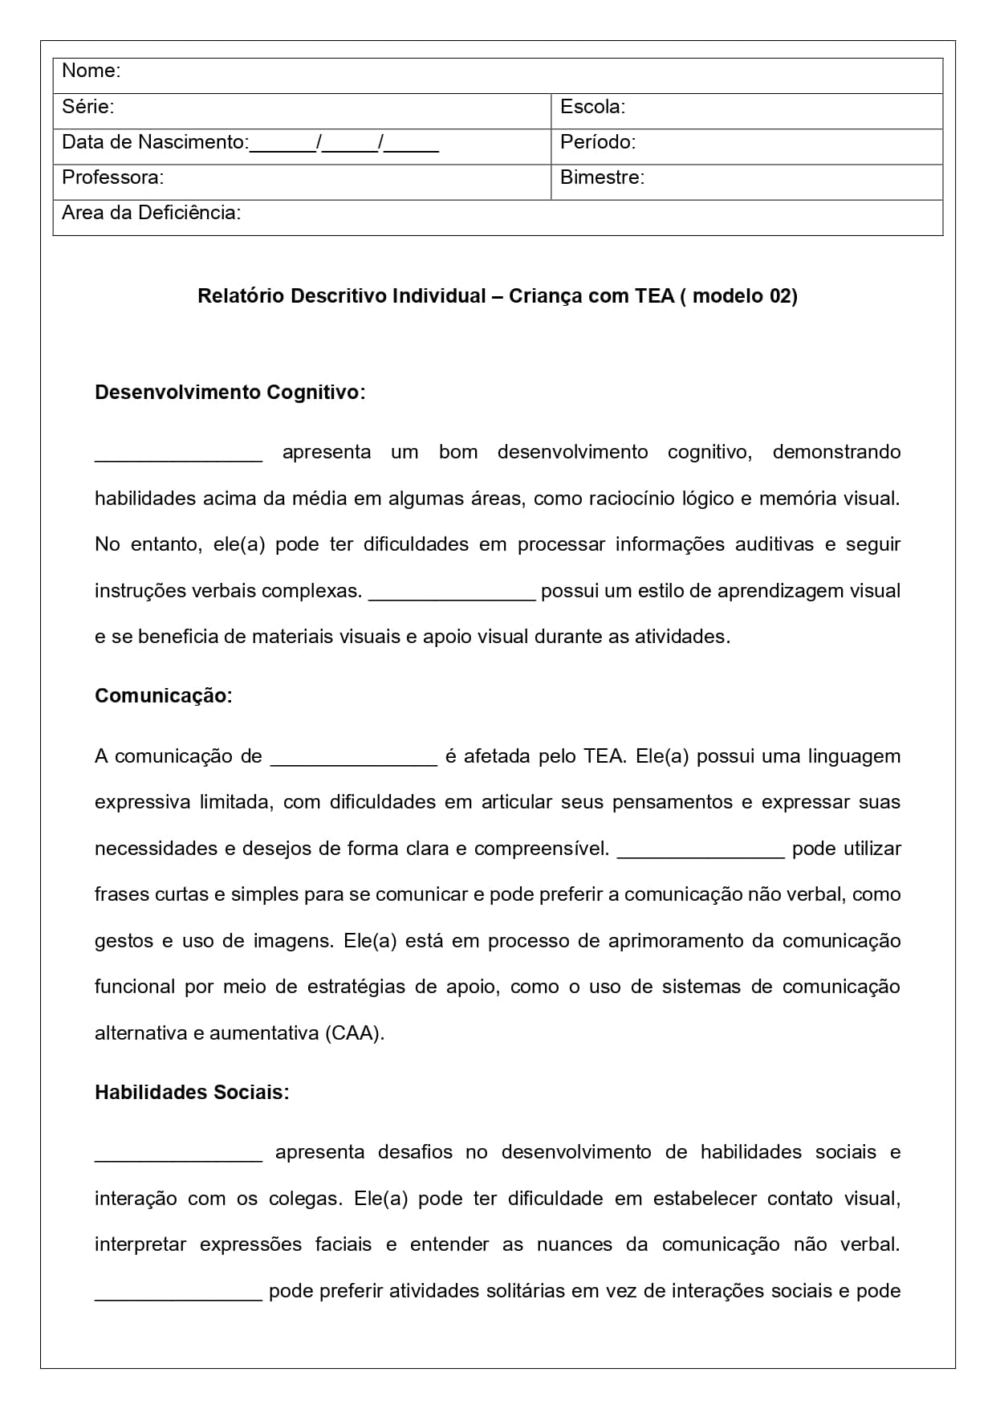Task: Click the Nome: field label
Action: pyautogui.click(x=91, y=71)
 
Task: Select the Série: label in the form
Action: pyautogui.click(x=87, y=106)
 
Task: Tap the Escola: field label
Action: pyautogui.click(x=592, y=106)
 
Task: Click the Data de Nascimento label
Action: pyautogui.click(x=155, y=142)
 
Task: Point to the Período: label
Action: pyautogui.click(x=597, y=142)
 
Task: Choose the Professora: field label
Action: pyautogui.click(x=112, y=177)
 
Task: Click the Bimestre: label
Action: pyautogui.click(x=602, y=177)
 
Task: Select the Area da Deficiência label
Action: pyautogui.click(x=151, y=213)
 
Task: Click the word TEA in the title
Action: pyautogui.click(x=654, y=296)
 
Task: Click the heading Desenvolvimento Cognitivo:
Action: pyautogui.click(x=230, y=393)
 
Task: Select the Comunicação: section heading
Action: pyautogui.click(x=163, y=696)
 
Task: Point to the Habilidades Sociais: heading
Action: pyautogui.click(x=192, y=1093)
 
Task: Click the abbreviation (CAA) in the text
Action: pyautogui.click(x=354, y=1033)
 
